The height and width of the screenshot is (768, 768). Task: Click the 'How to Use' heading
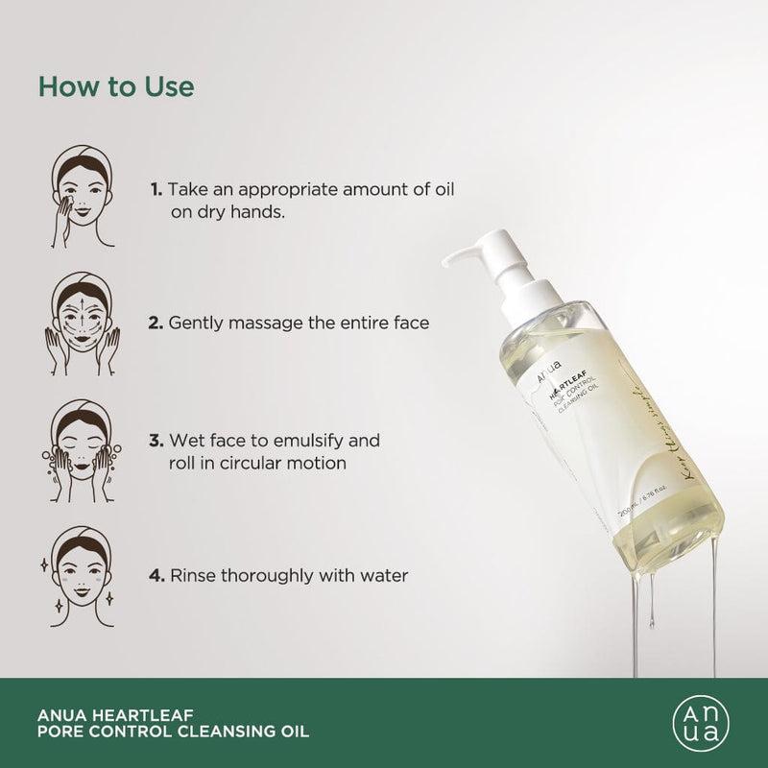(116, 85)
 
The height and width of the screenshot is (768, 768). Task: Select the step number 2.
(156, 324)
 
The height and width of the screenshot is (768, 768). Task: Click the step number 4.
(156, 576)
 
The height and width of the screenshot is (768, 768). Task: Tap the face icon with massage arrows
(76, 322)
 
